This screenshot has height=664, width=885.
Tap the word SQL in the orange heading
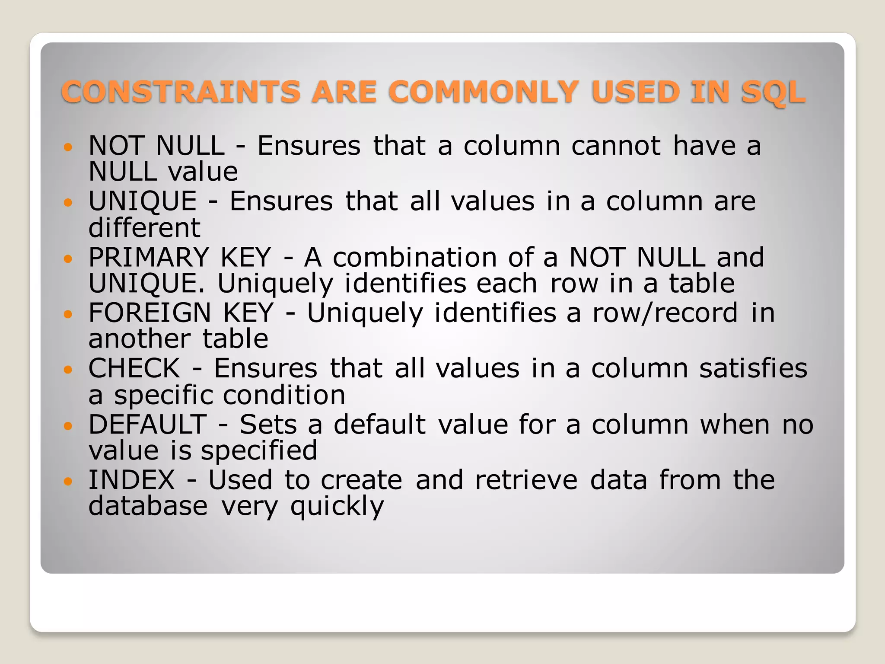[x=774, y=92]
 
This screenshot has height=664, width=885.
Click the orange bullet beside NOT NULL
[x=67, y=147]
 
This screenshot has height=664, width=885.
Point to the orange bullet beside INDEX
[x=67, y=481]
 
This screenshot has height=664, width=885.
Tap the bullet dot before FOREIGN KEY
[x=67, y=314]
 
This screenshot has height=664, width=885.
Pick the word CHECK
[x=134, y=369]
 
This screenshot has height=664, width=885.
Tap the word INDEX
[x=132, y=480]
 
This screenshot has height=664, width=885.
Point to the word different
[x=144, y=228]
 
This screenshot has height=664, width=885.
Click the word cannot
[x=616, y=146]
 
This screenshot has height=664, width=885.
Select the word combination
[x=415, y=258]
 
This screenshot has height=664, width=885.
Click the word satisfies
[x=753, y=369]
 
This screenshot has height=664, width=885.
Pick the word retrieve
[x=526, y=480]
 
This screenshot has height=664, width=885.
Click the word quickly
[x=337, y=507]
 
